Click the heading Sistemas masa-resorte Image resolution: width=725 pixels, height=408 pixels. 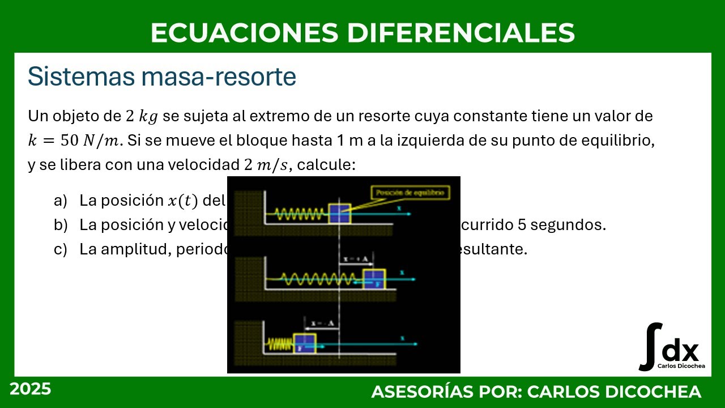(x=162, y=76)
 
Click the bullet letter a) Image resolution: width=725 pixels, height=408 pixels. (x=60, y=200)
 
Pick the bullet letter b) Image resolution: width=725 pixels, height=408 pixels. (x=60, y=225)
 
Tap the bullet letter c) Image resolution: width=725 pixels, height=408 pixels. (x=60, y=249)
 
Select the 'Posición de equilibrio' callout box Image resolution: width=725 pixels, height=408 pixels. (x=411, y=193)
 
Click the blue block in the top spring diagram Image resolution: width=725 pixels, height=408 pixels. (x=339, y=214)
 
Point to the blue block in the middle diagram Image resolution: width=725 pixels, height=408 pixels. (x=374, y=279)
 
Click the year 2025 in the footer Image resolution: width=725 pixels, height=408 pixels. (x=31, y=389)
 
